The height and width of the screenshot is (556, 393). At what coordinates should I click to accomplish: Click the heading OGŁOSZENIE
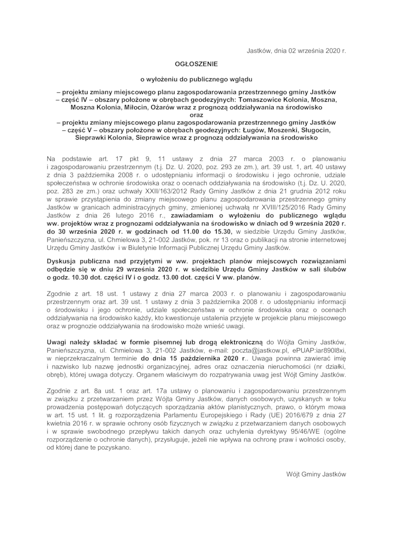pyautogui.click(x=196, y=64)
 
